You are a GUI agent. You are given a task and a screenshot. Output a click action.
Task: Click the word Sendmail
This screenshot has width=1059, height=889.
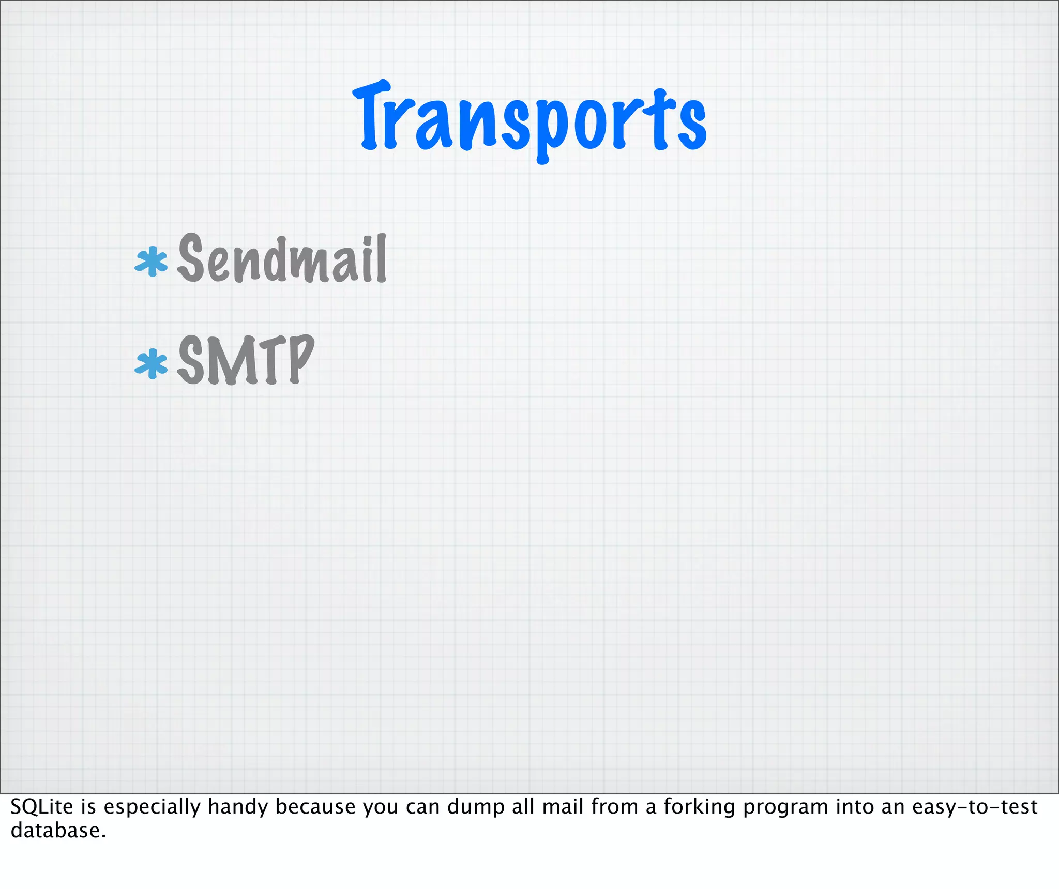click(282, 258)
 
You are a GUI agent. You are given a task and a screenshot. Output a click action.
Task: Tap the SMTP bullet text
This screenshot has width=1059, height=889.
click(246, 360)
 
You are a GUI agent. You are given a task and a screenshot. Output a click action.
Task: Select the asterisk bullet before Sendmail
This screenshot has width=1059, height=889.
click(151, 262)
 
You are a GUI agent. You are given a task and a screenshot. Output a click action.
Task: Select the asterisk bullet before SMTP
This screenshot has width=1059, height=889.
click(151, 364)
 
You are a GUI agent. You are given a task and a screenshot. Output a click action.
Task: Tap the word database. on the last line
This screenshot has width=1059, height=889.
click(58, 831)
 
